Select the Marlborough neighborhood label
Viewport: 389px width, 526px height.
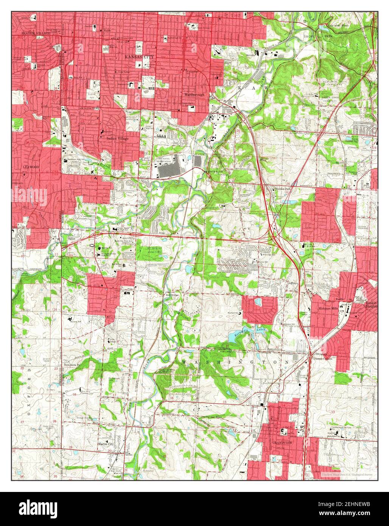(x=194, y=95)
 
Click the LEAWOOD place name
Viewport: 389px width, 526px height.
(x=31, y=167)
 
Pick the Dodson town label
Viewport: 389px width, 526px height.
(x=226, y=107)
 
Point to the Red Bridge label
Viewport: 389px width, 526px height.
(x=172, y=294)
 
